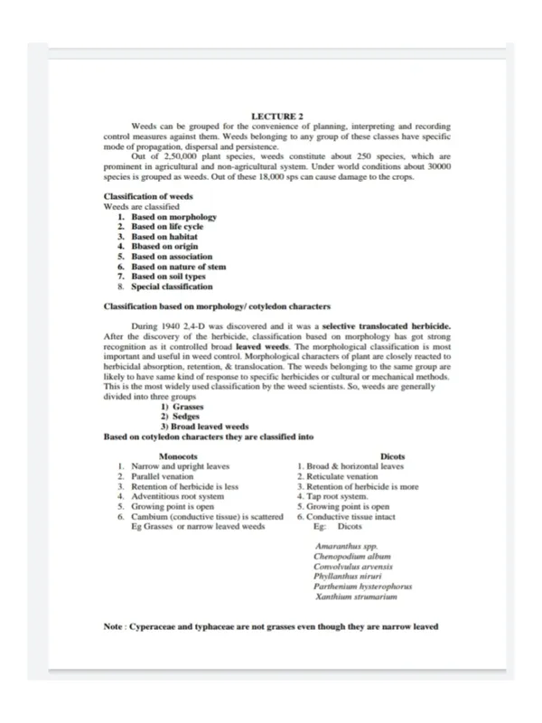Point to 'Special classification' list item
pyautogui.click(x=173, y=286)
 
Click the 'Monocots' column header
pyautogui.click(x=184, y=457)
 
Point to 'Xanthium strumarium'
pyautogui.click(x=357, y=597)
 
